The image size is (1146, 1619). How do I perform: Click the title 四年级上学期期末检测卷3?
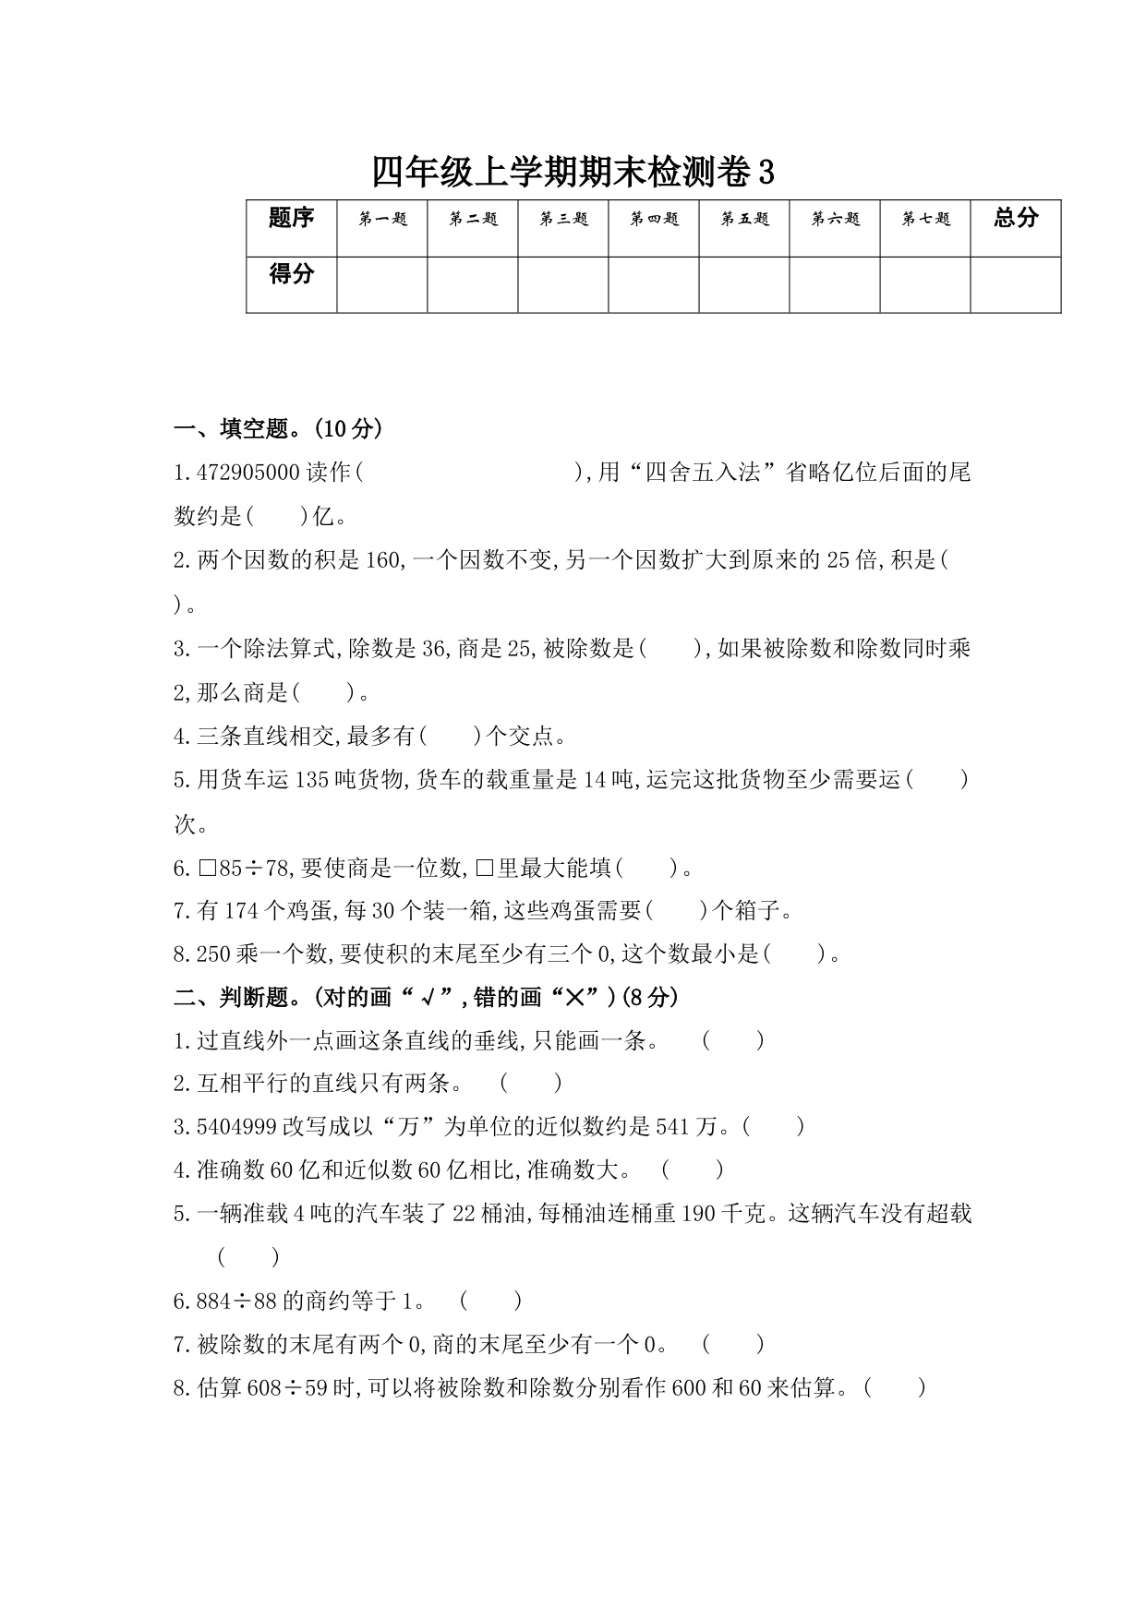pos(573,173)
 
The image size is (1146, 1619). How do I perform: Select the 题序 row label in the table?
pos(291,219)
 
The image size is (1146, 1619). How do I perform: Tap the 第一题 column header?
pos(382,220)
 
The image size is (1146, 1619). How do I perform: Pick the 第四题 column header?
pos(654,220)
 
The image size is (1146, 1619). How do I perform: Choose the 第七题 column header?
pos(925,220)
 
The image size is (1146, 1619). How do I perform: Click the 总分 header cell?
pos(1016,219)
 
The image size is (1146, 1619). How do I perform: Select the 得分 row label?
pos(291,274)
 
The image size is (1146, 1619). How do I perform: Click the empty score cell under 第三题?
pos(563,284)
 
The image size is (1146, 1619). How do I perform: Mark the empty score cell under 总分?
pos(1016,284)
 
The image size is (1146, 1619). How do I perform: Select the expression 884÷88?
pos(236,1301)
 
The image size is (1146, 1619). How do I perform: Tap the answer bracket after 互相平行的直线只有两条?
pos(531,1084)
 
